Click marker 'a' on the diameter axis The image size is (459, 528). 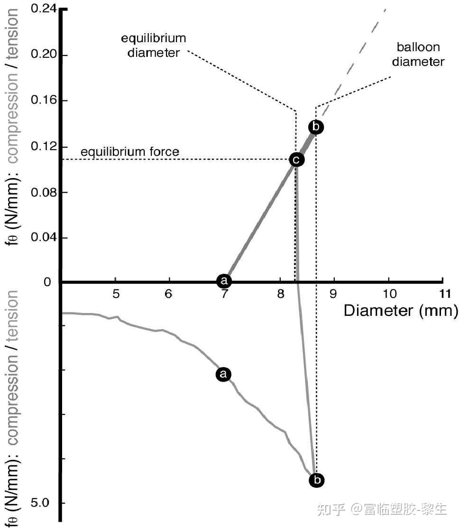click(224, 281)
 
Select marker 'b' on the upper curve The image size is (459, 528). click(316, 127)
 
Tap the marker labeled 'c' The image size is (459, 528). click(296, 160)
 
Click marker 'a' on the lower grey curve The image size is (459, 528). click(223, 374)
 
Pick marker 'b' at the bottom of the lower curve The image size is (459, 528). click(317, 480)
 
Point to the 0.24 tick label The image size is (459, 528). click(44, 9)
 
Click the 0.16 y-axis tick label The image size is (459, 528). click(44, 100)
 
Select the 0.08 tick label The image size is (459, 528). click(44, 192)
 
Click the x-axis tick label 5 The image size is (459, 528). click(116, 294)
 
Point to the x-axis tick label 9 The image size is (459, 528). click(334, 294)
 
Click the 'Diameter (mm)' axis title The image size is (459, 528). click(401, 311)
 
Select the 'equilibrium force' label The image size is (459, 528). click(130, 152)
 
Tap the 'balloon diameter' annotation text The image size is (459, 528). click(418, 54)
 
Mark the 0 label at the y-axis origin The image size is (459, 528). click(47, 282)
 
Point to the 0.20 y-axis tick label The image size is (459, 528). click(44, 55)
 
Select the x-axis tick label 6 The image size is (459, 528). click(169, 294)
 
